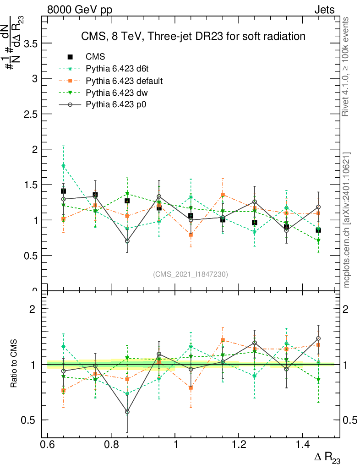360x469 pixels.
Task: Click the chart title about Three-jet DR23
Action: click(193, 36)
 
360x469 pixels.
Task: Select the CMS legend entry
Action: click(95, 57)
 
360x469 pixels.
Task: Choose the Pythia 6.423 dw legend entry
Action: click(111, 93)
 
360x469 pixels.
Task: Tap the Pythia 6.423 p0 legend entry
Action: click(111, 104)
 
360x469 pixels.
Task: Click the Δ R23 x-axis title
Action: click(327, 458)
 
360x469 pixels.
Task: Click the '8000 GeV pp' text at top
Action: click(80, 10)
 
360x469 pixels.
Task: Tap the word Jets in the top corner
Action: click(324, 10)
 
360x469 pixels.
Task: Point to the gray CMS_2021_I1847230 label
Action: click(190, 274)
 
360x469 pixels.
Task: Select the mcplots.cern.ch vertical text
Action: click(347, 220)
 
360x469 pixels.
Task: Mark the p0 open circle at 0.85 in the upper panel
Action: click(127, 241)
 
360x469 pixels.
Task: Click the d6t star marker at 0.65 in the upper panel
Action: click(64, 166)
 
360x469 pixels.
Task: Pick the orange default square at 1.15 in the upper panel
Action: click(223, 195)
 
